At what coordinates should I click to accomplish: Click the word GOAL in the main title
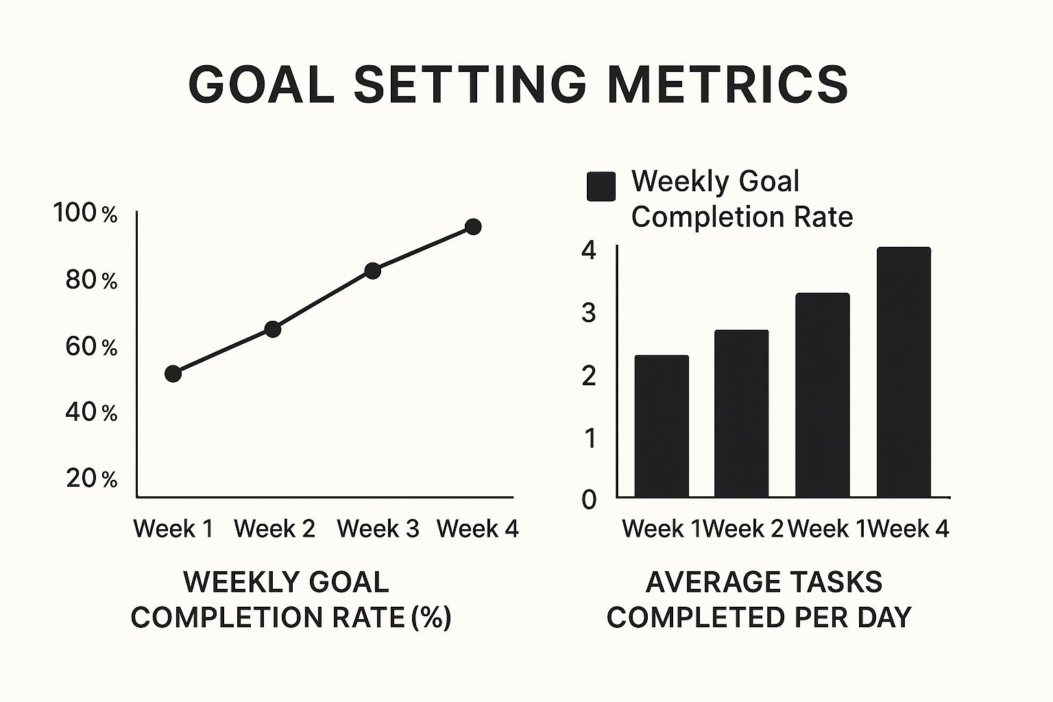click(x=261, y=85)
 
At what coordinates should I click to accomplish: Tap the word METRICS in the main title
click(x=727, y=85)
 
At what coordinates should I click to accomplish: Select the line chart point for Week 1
click(x=173, y=374)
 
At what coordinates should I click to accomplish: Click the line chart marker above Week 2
click(x=273, y=329)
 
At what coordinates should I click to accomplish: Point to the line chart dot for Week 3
click(x=373, y=270)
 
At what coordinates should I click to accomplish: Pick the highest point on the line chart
click(x=473, y=227)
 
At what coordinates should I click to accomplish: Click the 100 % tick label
click(x=85, y=213)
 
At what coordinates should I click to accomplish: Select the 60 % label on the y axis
click(x=91, y=348)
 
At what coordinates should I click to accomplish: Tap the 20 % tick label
click(x=92, y=479)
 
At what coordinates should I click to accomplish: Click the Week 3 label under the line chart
click(x=378, y=529)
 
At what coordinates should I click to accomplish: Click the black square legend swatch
click(x=601, y=186)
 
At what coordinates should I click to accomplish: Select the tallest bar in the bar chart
click(x=904, y=372)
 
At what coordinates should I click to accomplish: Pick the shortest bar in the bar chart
click(x=662, y=426)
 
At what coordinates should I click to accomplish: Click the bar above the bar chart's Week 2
click(x=741, y=413)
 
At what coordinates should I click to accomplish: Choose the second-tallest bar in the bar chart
click(x=822, y=395)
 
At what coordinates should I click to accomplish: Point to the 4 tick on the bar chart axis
click(x=589, y=250)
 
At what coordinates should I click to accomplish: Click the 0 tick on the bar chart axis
click(x=589, y=500)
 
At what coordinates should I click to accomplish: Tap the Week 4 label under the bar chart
click(x=908, y=529)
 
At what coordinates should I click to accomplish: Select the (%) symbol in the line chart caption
click(x=431, y=618)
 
